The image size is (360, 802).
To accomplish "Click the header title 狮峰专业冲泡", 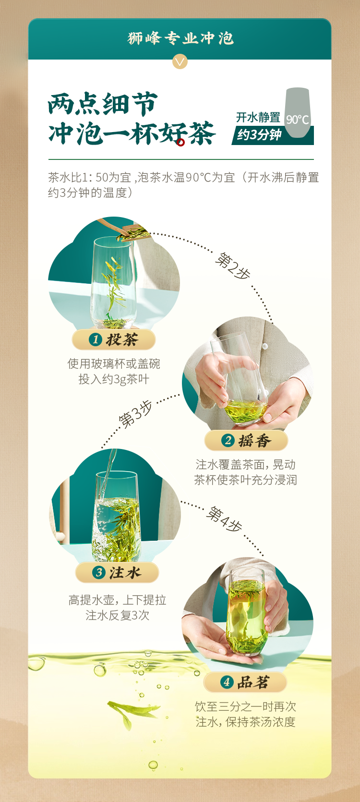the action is [x=180, y=38].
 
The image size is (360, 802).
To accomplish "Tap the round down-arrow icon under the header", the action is [x=180, y=61].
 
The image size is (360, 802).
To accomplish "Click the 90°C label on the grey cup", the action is [x=297, y=119].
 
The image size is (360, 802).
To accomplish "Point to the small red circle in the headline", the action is [x=180, y=143].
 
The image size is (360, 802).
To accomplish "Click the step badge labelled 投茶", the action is [x=114, y=340].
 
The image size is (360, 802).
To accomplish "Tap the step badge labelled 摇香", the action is [x=246, y=440].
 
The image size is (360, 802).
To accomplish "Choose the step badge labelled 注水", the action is [x=117, y=572].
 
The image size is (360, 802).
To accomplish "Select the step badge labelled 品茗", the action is [x=245, y=682].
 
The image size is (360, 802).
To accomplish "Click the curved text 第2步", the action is [x=233, y=266].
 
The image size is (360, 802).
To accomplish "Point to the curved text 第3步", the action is [x=135, y=414].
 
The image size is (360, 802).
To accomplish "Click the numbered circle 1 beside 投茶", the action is [x=96, y=340].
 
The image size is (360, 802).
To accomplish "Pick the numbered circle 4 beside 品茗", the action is [x=227, y=682].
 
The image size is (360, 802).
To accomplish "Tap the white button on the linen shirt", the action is [x=265, y=346].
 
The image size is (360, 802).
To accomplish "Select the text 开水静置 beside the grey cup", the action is [x=258, y=118].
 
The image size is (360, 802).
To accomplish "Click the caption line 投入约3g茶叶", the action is [x=114, y=379].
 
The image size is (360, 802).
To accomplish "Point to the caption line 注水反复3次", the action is [x=118, y=615].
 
